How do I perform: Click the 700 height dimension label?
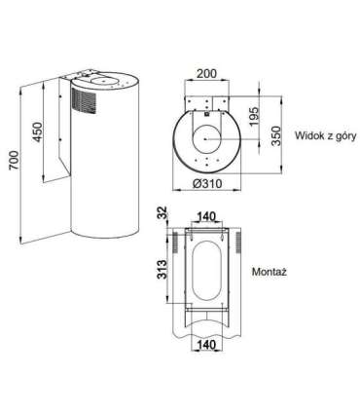(15, 160)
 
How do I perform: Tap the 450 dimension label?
(38, 131)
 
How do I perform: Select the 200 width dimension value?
(206, 74)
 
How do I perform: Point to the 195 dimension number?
(255, 116)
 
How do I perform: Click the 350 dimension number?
(275, 136)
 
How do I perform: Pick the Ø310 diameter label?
(207, 184)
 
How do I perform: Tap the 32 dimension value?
(163, 212)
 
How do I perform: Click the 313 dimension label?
(163, 270)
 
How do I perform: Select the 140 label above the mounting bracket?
(206, 216)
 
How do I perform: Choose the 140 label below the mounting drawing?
(206, 345)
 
